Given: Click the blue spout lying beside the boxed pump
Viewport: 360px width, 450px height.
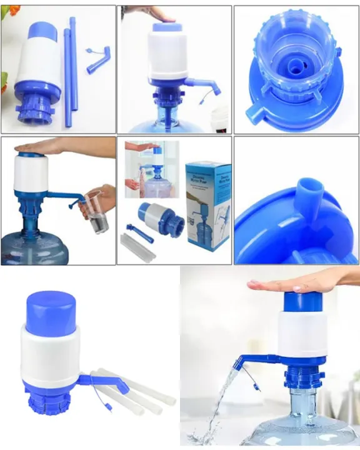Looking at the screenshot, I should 140,232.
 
